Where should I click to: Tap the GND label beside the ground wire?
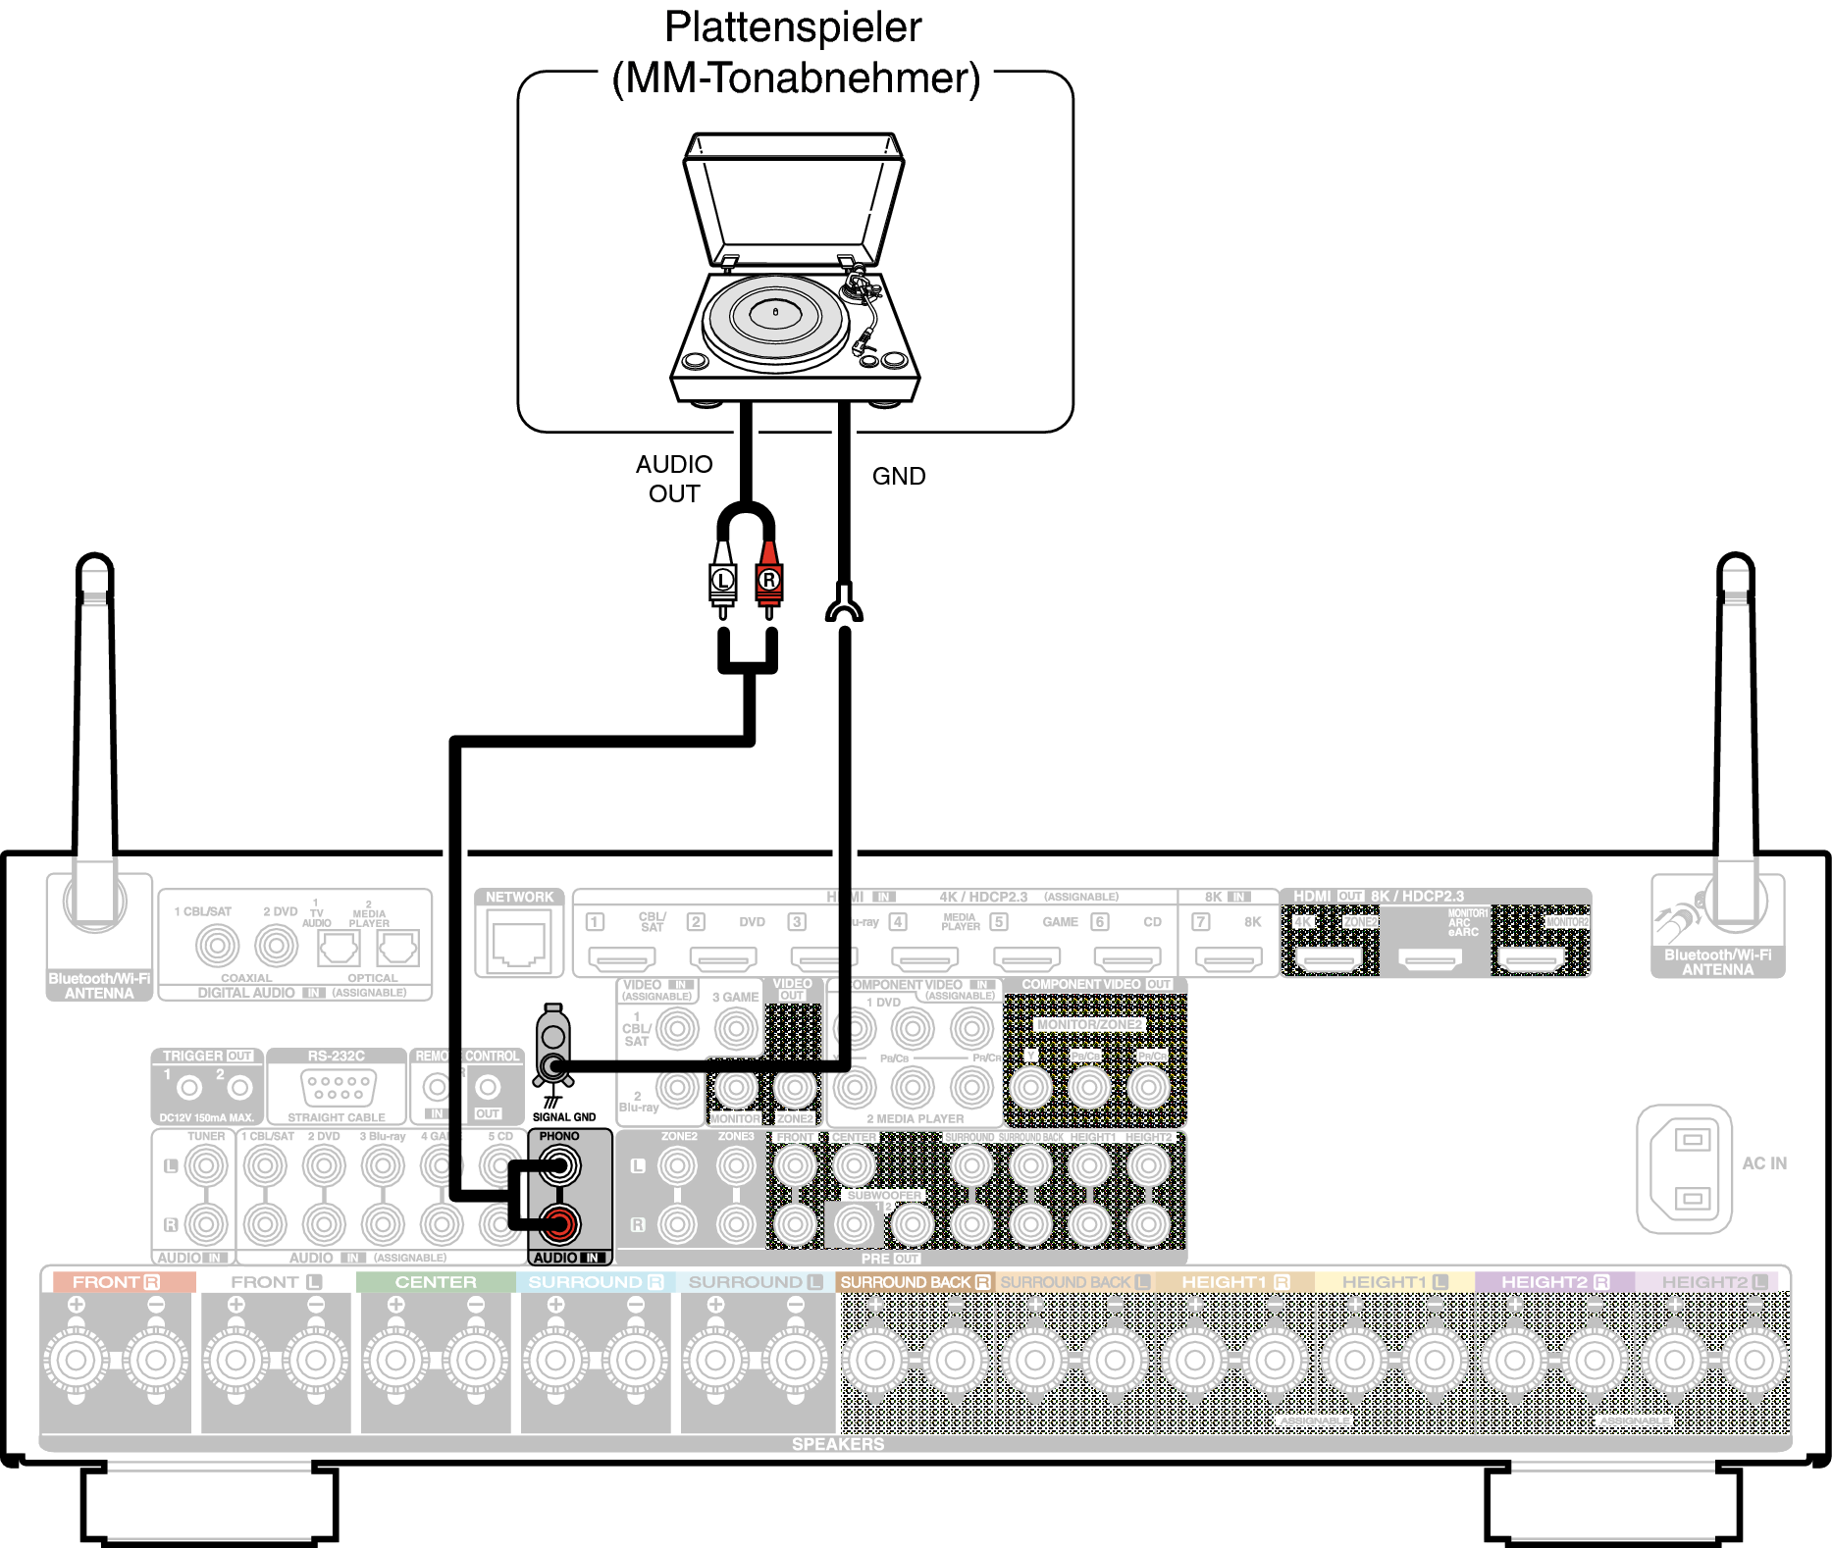click(x=898, y=476)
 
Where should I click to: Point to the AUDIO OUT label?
click(x=674, y=479)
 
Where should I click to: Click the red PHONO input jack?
click(x=559, y=1223)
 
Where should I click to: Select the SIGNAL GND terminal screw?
click(x=554, y=1066)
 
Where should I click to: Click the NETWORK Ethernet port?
click(x=519, y=939)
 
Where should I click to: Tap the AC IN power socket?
click(x=1684, y=1168)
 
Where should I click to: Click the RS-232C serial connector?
click(x=337, y=1088)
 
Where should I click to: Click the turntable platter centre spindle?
click(x=775, y=312)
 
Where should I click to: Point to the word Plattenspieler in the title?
click(x=793, y=27)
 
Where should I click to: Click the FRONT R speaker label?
click(x=116, y=1282)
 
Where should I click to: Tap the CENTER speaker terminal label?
click(x=436, y=1282)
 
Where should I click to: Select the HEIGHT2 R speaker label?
click(x=1554, y=1282)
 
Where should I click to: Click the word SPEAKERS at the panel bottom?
click(x=838, y=1444)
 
